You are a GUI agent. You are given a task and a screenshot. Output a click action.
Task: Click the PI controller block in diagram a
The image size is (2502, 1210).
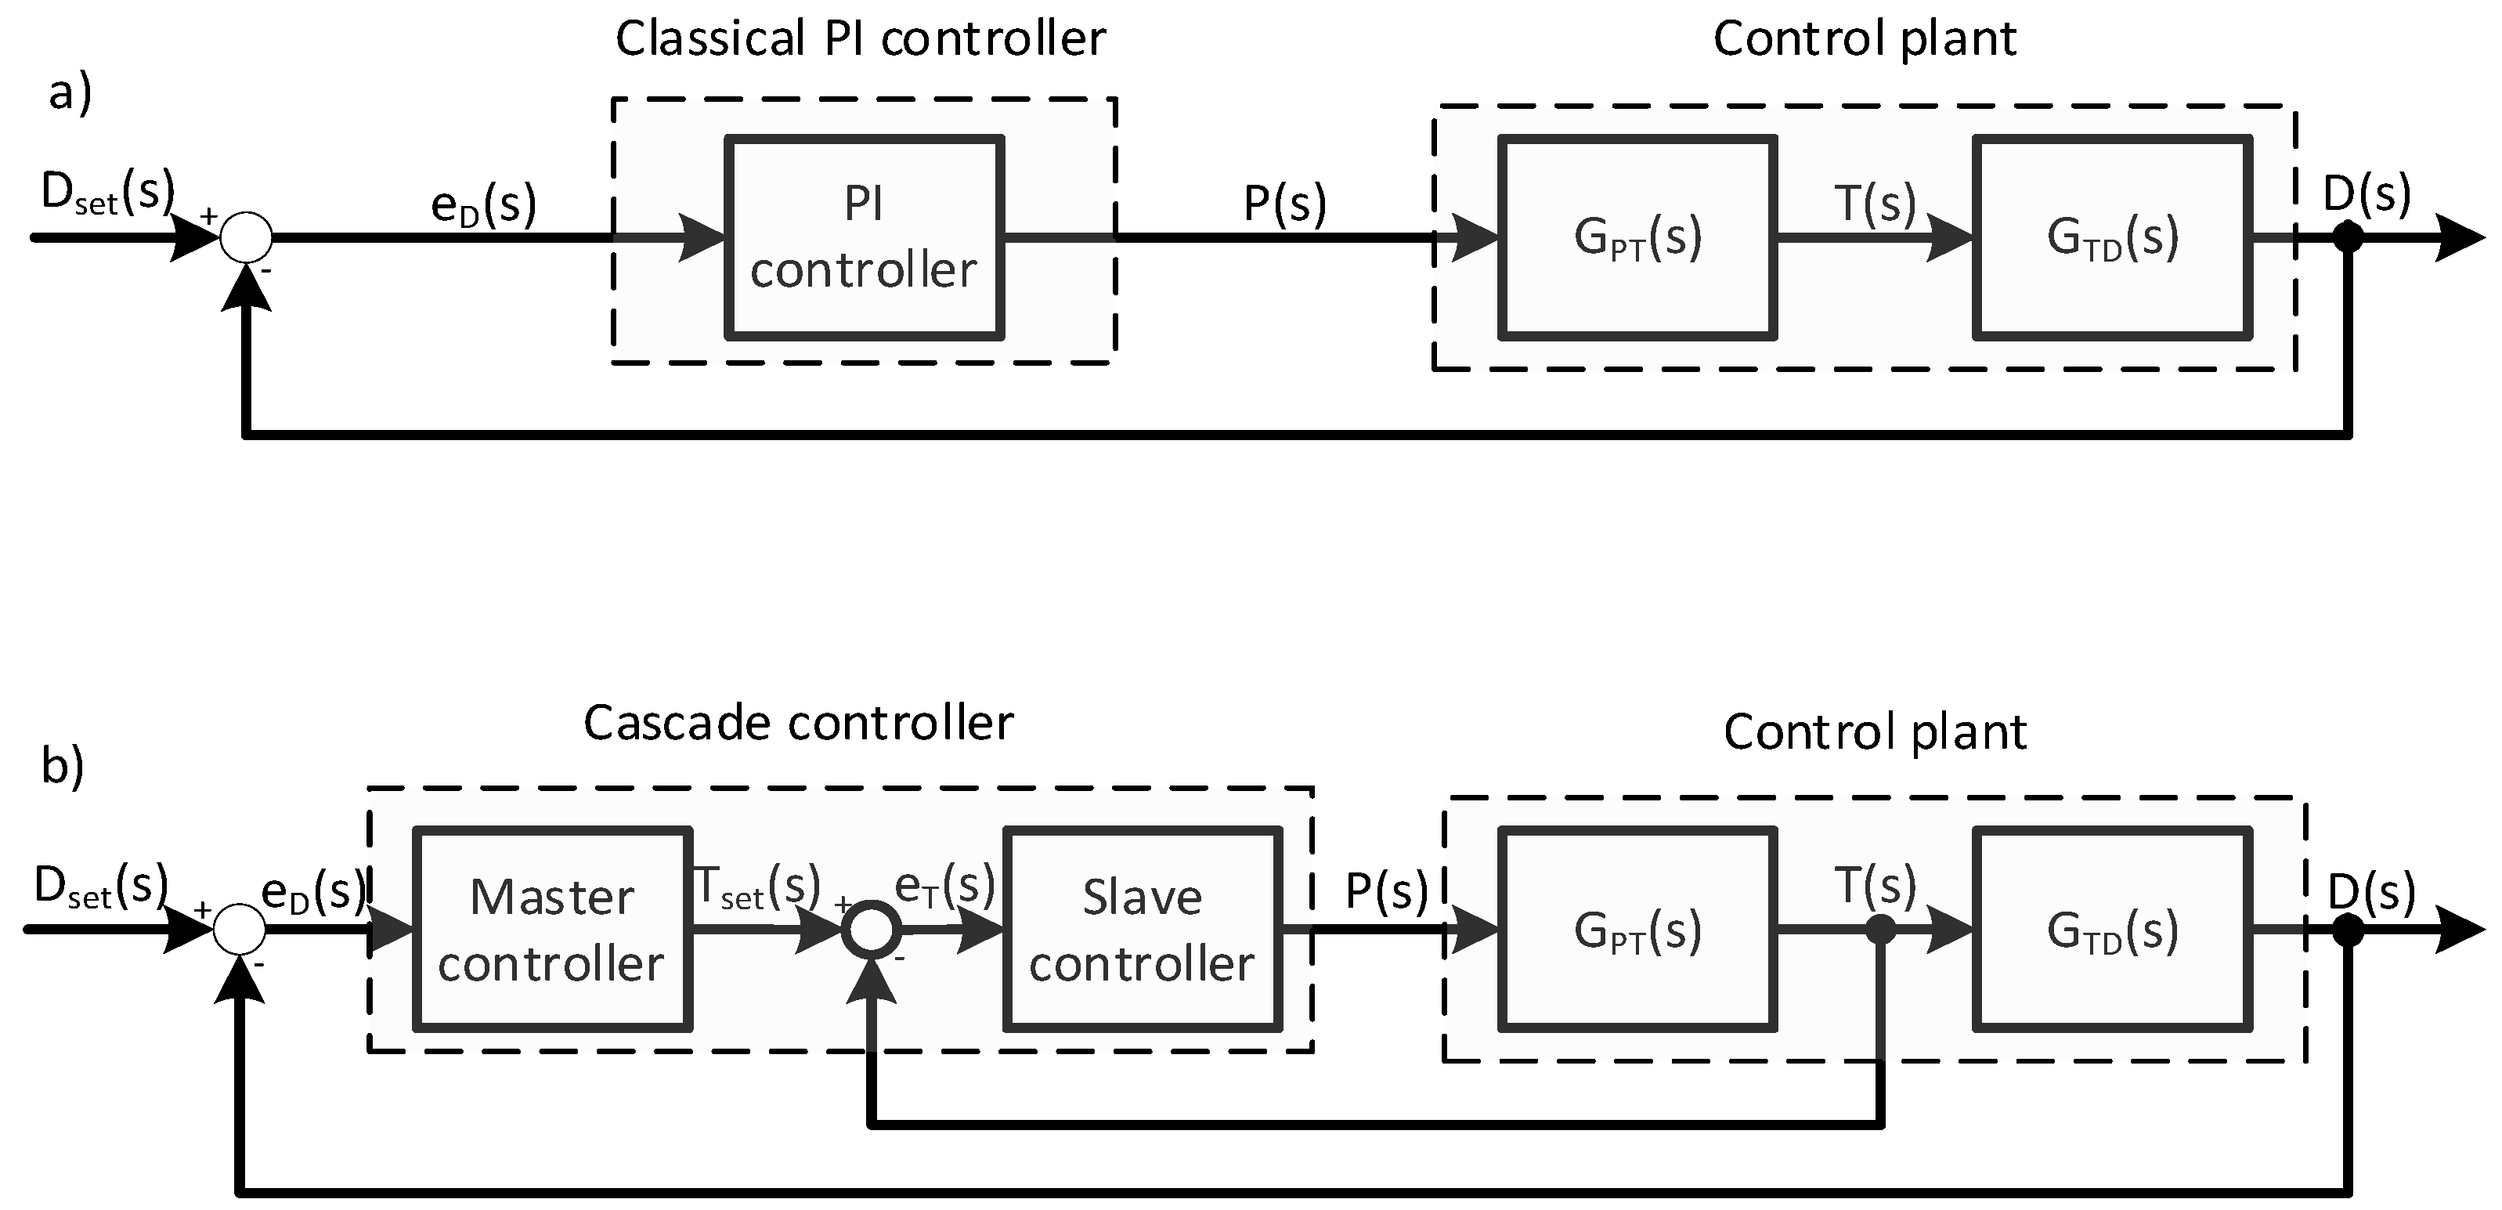864,238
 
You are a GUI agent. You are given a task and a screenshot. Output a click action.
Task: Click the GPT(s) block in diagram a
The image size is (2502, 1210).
1637,238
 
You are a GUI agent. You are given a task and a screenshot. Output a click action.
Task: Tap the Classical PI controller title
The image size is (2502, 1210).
861,40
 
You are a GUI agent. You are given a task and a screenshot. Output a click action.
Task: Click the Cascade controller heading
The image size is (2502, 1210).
799,724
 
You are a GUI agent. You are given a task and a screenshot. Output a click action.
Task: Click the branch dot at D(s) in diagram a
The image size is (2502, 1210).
2348,236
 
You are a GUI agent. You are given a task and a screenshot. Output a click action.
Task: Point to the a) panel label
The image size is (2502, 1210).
70,94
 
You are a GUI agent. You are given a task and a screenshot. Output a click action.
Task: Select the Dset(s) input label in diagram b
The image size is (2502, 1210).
101,887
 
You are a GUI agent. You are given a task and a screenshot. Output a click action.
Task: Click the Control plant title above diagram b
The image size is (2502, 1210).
1875,732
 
